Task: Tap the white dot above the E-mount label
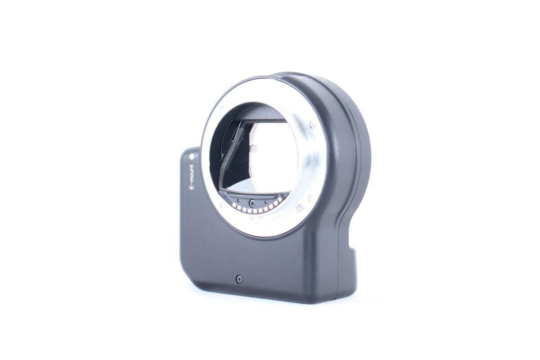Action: (192, 157)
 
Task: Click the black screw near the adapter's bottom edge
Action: (239, 279)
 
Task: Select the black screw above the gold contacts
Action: (252, 203)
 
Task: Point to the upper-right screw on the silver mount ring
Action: (313, 125)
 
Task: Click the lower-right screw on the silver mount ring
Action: (300, 208)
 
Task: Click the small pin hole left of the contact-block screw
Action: (238, 200)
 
